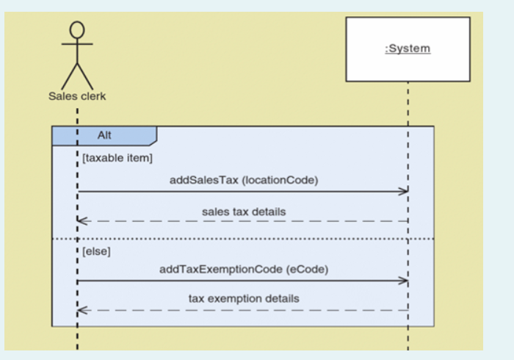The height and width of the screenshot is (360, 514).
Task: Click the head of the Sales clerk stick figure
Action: (77, 29)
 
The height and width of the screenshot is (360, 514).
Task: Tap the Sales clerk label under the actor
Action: (77, 96)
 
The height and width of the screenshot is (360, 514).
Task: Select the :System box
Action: (408, 49)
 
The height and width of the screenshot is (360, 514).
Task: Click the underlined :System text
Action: (408, 49)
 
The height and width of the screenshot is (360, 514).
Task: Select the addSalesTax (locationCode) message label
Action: (243, 181)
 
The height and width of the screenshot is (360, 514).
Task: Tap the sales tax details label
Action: (244, 212)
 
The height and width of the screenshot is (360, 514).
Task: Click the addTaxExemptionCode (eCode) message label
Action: (243, 270)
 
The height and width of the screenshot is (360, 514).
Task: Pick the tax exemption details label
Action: (244, 299)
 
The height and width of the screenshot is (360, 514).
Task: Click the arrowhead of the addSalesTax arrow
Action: (403, 192)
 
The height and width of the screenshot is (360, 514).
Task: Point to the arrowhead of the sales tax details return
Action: (82, 221)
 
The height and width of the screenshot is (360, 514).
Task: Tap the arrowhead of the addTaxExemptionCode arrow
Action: (403, 281)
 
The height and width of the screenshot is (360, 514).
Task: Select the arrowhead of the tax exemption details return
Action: (82, 310)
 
